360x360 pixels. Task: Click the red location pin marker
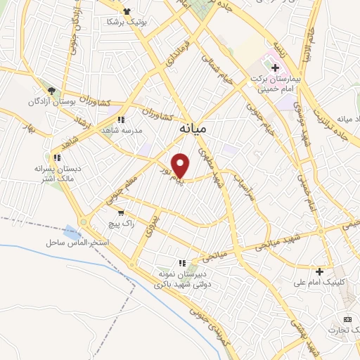(x=181, y=165)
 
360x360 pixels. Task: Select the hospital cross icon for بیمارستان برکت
(x=275, y=67)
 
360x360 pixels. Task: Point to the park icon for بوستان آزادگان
(x=51, y=91)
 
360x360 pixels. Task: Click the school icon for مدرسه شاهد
(x=121, y=120)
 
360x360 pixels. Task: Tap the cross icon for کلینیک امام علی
(x=320, y=271)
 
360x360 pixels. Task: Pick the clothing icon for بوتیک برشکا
(x=127, y=11)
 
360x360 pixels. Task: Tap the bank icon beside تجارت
(x=346, y=319)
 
